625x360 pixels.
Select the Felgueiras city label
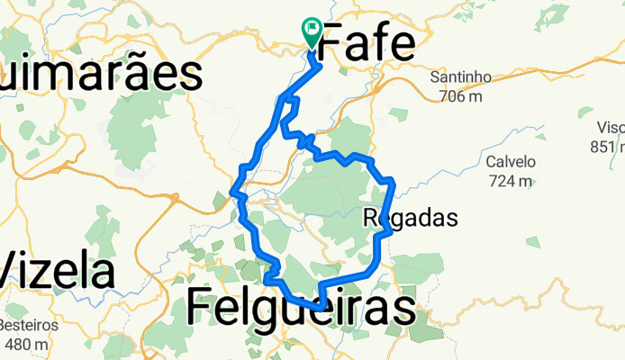[x=301, y=308]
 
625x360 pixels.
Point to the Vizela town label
[x=58, y=271]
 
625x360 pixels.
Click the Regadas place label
[x=412, y=217]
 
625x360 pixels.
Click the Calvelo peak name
[x=511, y=163]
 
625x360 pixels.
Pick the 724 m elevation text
[x=511, y=181]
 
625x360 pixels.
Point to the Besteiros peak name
[x=29, y=325]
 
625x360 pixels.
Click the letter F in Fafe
[x=331, y=43]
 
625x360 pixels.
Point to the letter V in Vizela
[x=12, y=271]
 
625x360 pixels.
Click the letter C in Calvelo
[x=491, y=163]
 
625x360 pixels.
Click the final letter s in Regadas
[x=452, y=217]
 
